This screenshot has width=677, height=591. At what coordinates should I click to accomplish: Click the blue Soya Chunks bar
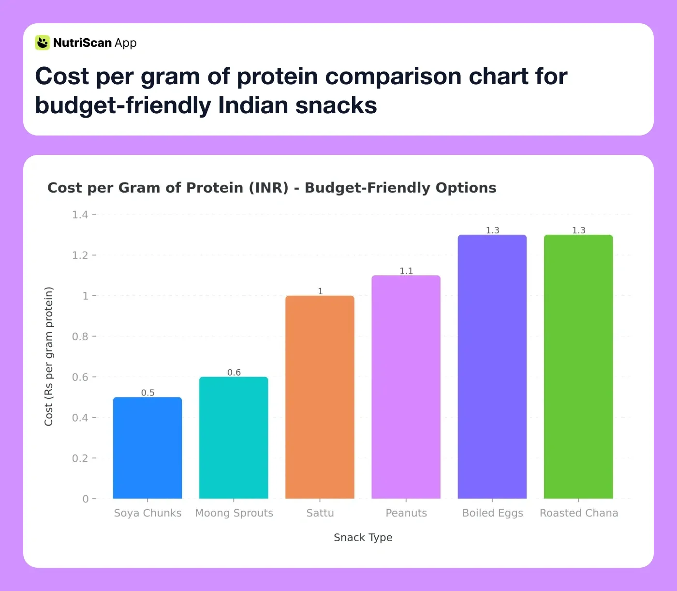(147, 448)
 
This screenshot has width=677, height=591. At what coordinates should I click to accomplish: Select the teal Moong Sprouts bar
(234, 438)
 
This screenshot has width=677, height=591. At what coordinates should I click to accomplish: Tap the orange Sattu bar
(320, 397)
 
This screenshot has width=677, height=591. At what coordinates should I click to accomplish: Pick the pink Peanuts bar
(406, 387)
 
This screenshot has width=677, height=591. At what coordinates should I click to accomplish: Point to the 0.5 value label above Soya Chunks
(148, 393)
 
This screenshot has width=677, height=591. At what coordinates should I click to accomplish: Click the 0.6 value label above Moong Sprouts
(234, 372)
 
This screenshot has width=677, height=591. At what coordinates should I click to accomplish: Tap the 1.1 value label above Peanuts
(406, 271)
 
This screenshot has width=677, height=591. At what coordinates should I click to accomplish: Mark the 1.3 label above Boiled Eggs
(492, 230)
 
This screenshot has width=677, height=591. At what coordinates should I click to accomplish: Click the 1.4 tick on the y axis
(80, 214)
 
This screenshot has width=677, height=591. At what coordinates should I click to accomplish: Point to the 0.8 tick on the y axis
(80, 336)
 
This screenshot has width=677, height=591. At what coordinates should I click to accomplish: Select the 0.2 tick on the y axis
(80, 458)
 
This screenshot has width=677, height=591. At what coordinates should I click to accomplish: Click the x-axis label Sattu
(320, 513)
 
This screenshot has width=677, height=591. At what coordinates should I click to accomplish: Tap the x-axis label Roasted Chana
(579, 513)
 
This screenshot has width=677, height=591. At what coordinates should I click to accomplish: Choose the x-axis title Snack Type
(363, 537)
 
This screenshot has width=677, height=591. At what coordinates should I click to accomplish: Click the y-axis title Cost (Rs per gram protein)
(48, 356)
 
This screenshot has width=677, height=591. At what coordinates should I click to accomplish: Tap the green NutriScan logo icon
(43, 43)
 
